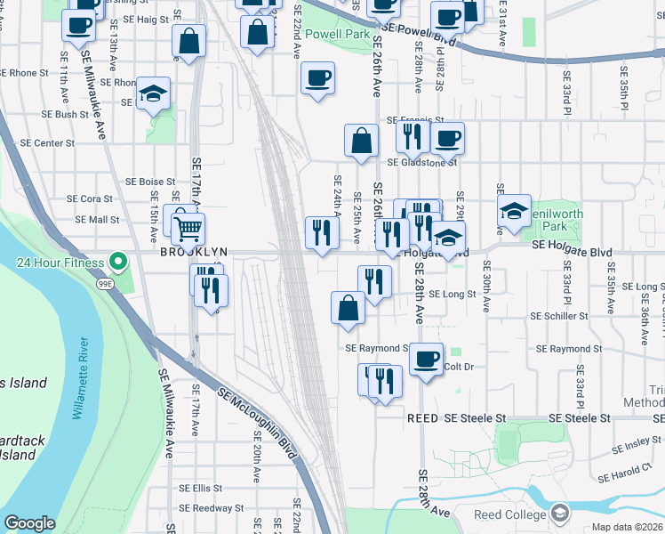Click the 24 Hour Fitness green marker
tap(116, 263)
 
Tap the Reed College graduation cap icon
tap(559, 514)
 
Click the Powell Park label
tap(337, 34)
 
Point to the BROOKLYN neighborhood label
tap(195, 253)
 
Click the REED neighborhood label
tap(423, 417)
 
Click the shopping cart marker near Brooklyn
tap(188, 230)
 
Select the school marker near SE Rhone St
tap(154, 94)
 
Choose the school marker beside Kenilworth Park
tap(514, 212)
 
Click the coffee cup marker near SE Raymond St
tap(426, 360)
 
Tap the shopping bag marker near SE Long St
tap(348, 308)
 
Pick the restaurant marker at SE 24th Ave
tap(321, 232)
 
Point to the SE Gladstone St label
tap(421, 163)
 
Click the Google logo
tap(30, 523)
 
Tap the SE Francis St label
tap(414, 119)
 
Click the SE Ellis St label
tap(200, 488)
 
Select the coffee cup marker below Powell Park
tap(317, 79)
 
